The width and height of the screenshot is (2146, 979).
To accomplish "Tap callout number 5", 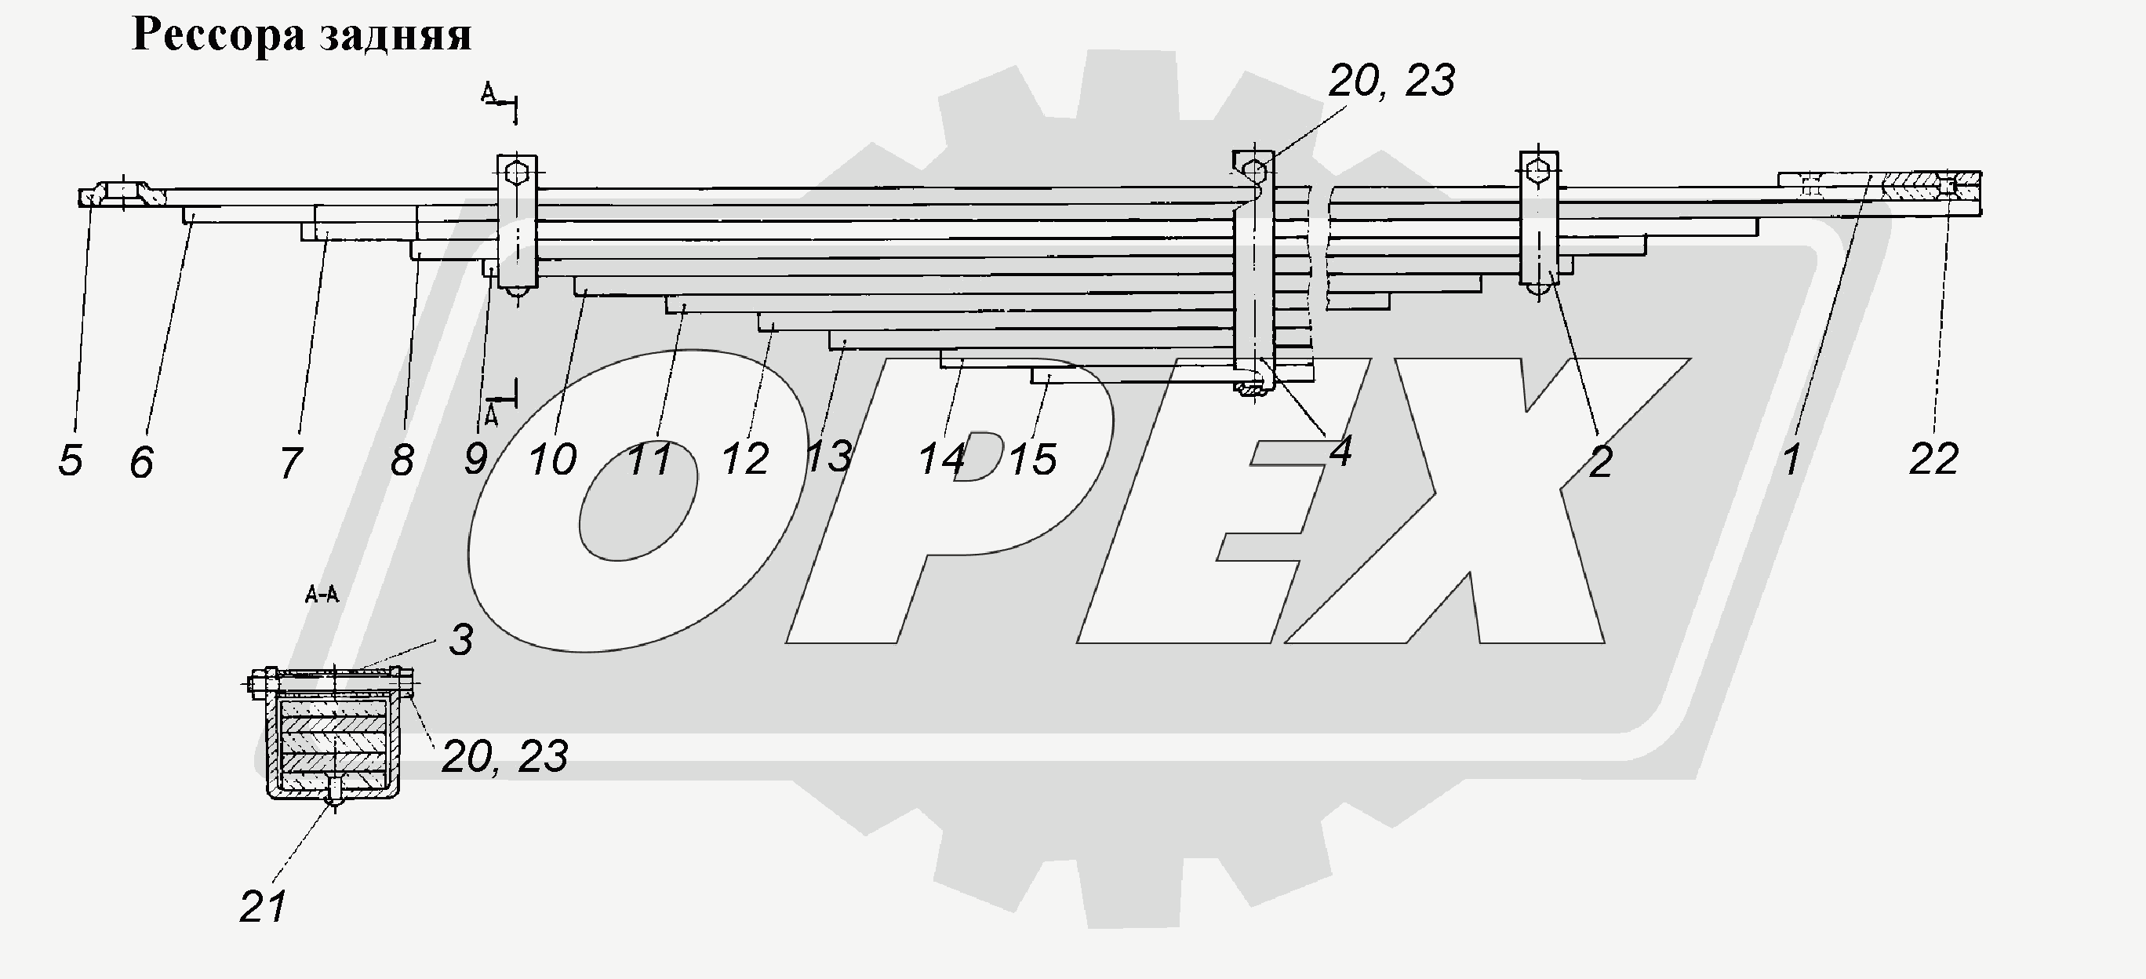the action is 71,460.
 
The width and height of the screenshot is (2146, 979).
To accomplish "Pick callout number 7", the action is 290,464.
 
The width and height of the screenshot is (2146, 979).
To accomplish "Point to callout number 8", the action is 402,460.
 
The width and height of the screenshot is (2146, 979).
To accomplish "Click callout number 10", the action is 552,460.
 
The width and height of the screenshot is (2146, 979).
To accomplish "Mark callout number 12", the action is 745,459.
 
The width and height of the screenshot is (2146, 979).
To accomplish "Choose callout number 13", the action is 829,457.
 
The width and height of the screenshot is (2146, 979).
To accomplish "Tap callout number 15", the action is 1033,460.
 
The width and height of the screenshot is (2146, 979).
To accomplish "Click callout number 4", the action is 1340,451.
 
